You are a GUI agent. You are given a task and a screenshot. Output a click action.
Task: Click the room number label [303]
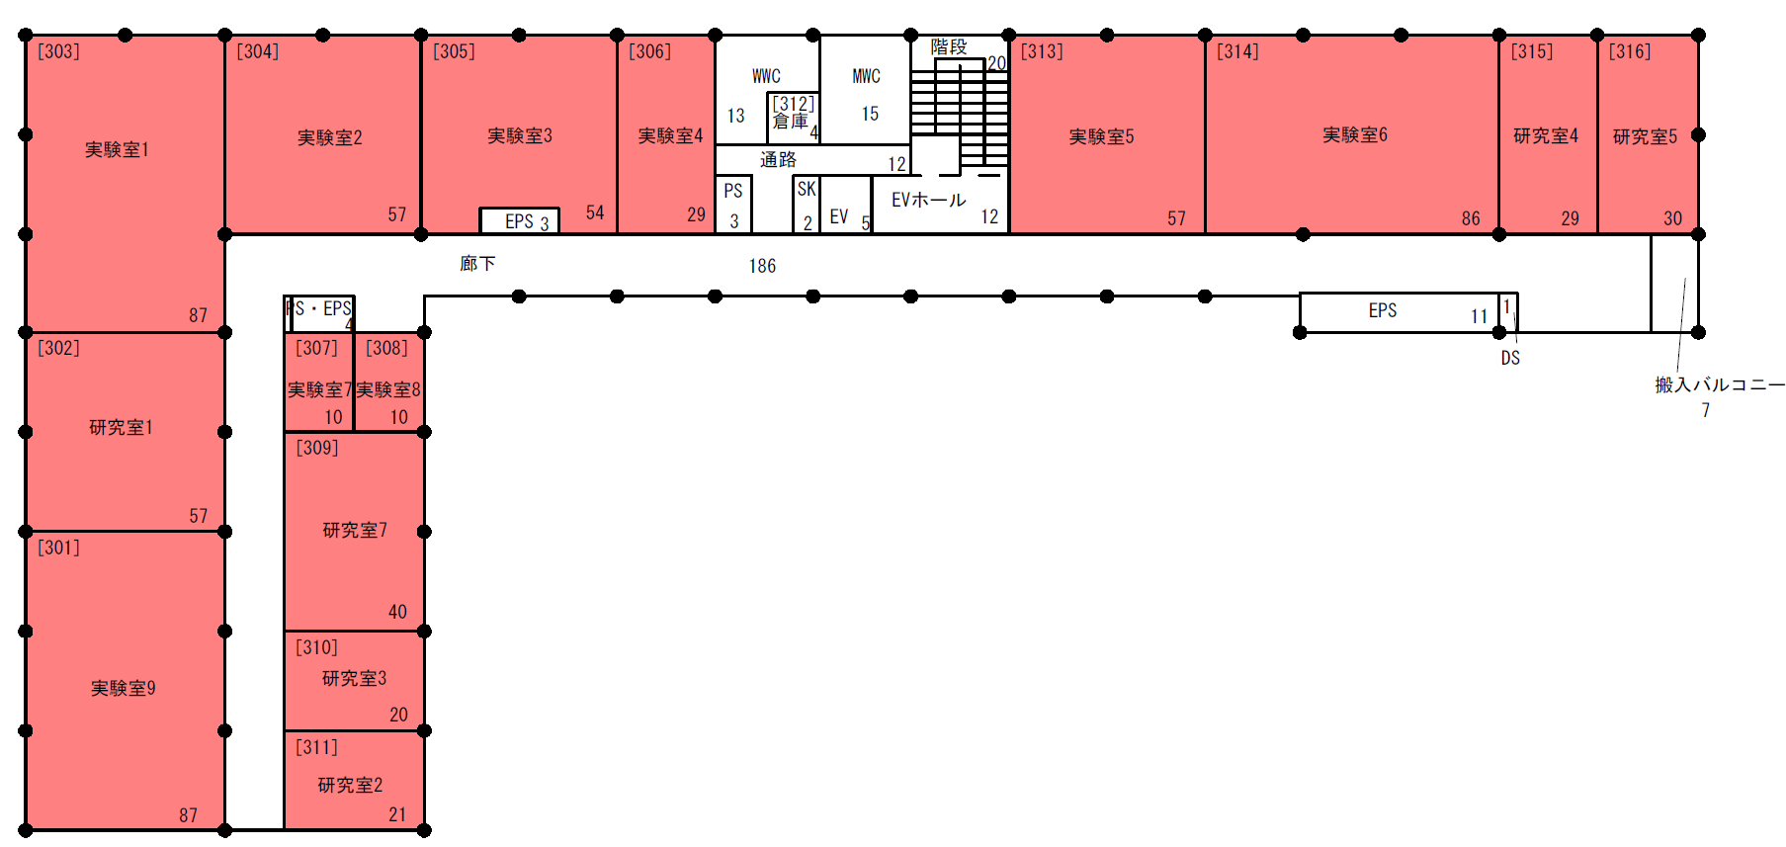coord(58,50)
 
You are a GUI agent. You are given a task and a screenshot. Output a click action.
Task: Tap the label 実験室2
coord(330,137)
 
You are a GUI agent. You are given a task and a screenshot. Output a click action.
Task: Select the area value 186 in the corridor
coord(762,266)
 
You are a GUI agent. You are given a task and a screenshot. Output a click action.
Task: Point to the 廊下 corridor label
coord(477,263)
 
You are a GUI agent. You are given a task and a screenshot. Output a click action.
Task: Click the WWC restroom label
coord(766,76)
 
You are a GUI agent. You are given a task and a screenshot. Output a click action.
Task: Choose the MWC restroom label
coord(866,76)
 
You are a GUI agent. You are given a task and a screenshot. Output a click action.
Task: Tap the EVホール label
coord(928,200)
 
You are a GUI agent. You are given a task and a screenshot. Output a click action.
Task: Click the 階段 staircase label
coord(949,46)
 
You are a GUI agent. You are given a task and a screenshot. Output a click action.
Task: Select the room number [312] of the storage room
coord(794,103)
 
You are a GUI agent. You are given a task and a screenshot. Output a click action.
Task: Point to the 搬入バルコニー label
coord(1720,384)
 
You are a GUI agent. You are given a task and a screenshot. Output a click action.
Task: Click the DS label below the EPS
coord(1510,358)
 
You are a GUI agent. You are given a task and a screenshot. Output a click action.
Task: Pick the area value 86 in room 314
coord(1471,218)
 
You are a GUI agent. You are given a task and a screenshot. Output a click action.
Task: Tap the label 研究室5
coord(1645,136)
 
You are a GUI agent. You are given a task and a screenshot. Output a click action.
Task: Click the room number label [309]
coord(317,447)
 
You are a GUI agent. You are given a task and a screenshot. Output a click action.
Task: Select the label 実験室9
coord(124,688)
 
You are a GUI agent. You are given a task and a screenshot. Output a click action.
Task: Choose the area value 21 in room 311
coord(397,814)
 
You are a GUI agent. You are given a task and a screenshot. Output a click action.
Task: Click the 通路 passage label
coord(778,159)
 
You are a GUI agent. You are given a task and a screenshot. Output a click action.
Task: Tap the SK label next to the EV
coord(807,189)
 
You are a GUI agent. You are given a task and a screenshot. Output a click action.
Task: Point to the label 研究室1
coord(121,427)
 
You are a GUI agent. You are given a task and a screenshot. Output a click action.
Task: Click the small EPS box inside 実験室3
coord(520,220)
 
